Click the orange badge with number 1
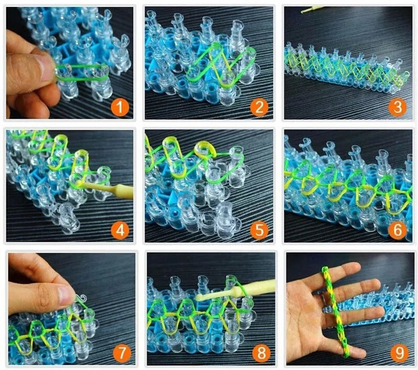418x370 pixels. click(x=121, y=106)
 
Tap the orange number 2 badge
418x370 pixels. click(x=259, y=107)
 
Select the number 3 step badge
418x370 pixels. click(x=398, y=107)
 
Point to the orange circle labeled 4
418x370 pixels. click(x=121, y=230)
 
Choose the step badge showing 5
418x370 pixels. click(x=259, y=230)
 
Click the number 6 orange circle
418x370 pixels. click(x=398, y=230)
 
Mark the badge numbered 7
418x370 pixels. click(x=121, y=353)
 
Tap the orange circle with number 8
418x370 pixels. click(x=259, y=353)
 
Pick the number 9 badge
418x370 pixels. click(x=398, y=353)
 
